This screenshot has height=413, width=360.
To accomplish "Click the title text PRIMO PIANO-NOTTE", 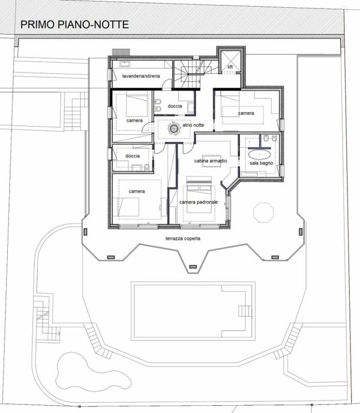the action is point(74,25).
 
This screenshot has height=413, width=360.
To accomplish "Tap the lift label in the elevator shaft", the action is point(230,67).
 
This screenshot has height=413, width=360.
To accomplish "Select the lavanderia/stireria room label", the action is point(141,76).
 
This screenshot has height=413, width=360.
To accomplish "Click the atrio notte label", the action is point(193,125).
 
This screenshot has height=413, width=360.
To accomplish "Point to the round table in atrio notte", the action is point(174,128).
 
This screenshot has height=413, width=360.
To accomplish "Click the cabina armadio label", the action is point(211,161).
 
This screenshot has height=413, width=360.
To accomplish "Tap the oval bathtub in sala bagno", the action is point(259,154).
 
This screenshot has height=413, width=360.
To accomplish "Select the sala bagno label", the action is point(261,163).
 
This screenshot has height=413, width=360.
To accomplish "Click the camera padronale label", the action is point(199,202).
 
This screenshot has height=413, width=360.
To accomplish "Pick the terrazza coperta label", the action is point(183,239).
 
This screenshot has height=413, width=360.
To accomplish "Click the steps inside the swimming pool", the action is point(245,311).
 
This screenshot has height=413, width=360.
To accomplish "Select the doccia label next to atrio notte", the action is point(175,106).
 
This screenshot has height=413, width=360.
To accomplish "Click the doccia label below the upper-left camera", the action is point(133,156).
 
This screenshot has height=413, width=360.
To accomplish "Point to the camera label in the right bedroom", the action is point(246,113).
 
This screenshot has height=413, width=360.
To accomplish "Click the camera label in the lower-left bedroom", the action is point(137,191).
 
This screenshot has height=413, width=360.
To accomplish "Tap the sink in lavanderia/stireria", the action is point(124,64).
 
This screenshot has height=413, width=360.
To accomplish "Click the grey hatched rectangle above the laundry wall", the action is point(121,52).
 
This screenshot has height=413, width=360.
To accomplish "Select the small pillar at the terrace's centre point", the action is point(193,267).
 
